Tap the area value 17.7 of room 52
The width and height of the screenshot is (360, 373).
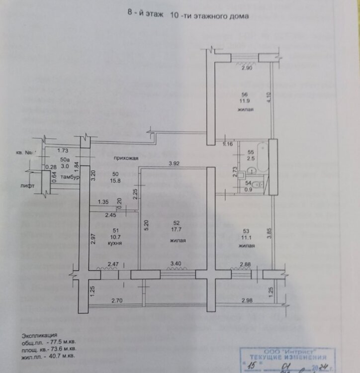tap(174, 230)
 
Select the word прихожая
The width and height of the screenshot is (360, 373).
tap(126, 158)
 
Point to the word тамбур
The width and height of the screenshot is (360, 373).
tap(67, 177)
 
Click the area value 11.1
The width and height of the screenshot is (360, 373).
tap(243, 238)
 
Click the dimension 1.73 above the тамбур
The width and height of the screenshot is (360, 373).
tap(62, 150)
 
